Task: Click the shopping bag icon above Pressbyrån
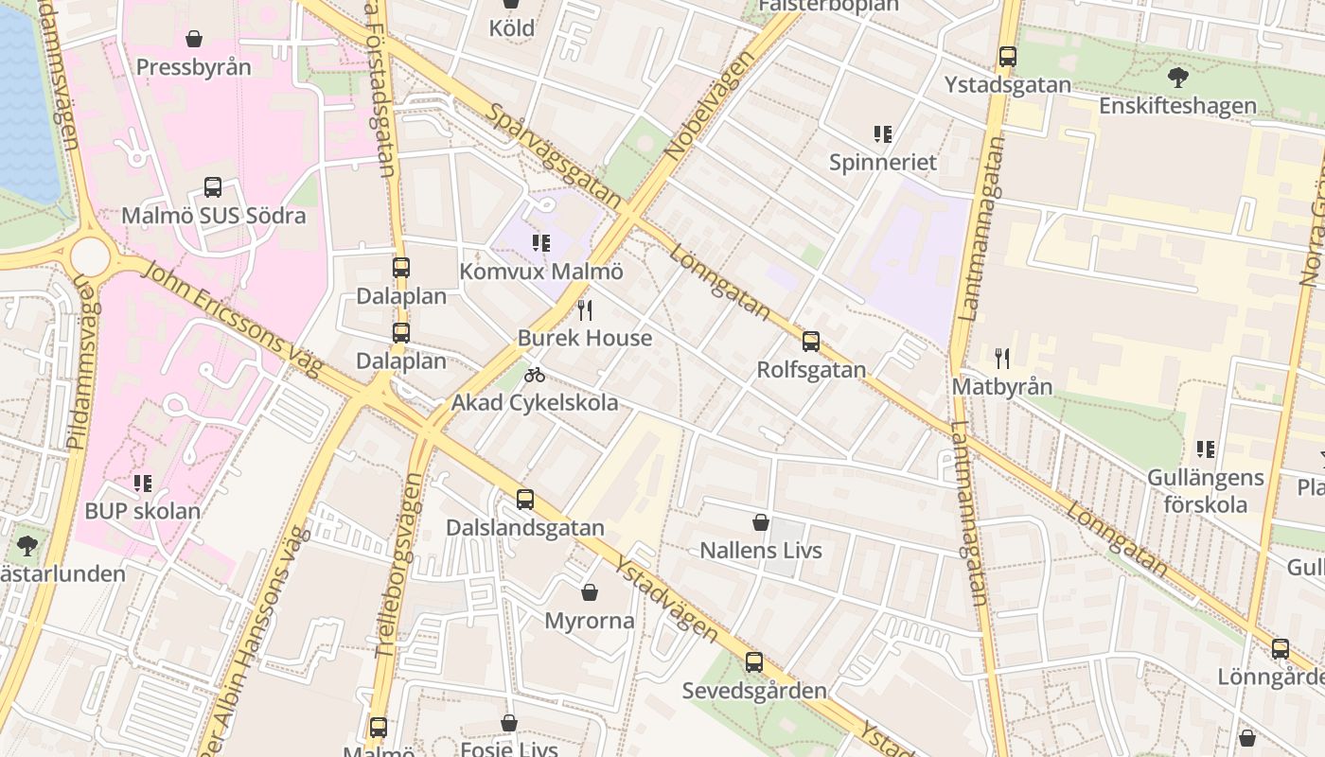tap(194, 39)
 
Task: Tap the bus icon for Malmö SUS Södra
tap(213, 187)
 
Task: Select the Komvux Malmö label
tap(541, 272)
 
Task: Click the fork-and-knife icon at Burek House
tap(585, 309)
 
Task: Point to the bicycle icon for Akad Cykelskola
tap(535, 375)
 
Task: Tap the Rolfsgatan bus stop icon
tap(811, 342)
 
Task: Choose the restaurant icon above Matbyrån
tap(1002, 359)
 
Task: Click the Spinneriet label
tap(882, 163)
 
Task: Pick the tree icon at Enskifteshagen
tap(1177, 78)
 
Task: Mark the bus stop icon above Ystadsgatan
tap(1008, 57)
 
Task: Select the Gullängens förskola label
tap(1205, 490)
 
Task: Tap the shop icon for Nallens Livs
tap(760, 522)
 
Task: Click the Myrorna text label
tap(589, 622)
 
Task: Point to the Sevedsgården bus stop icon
tap(754, 662)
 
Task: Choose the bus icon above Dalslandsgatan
tap(525, 500)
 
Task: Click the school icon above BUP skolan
tap(143, 484)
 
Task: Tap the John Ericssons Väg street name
tap(233, 317)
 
